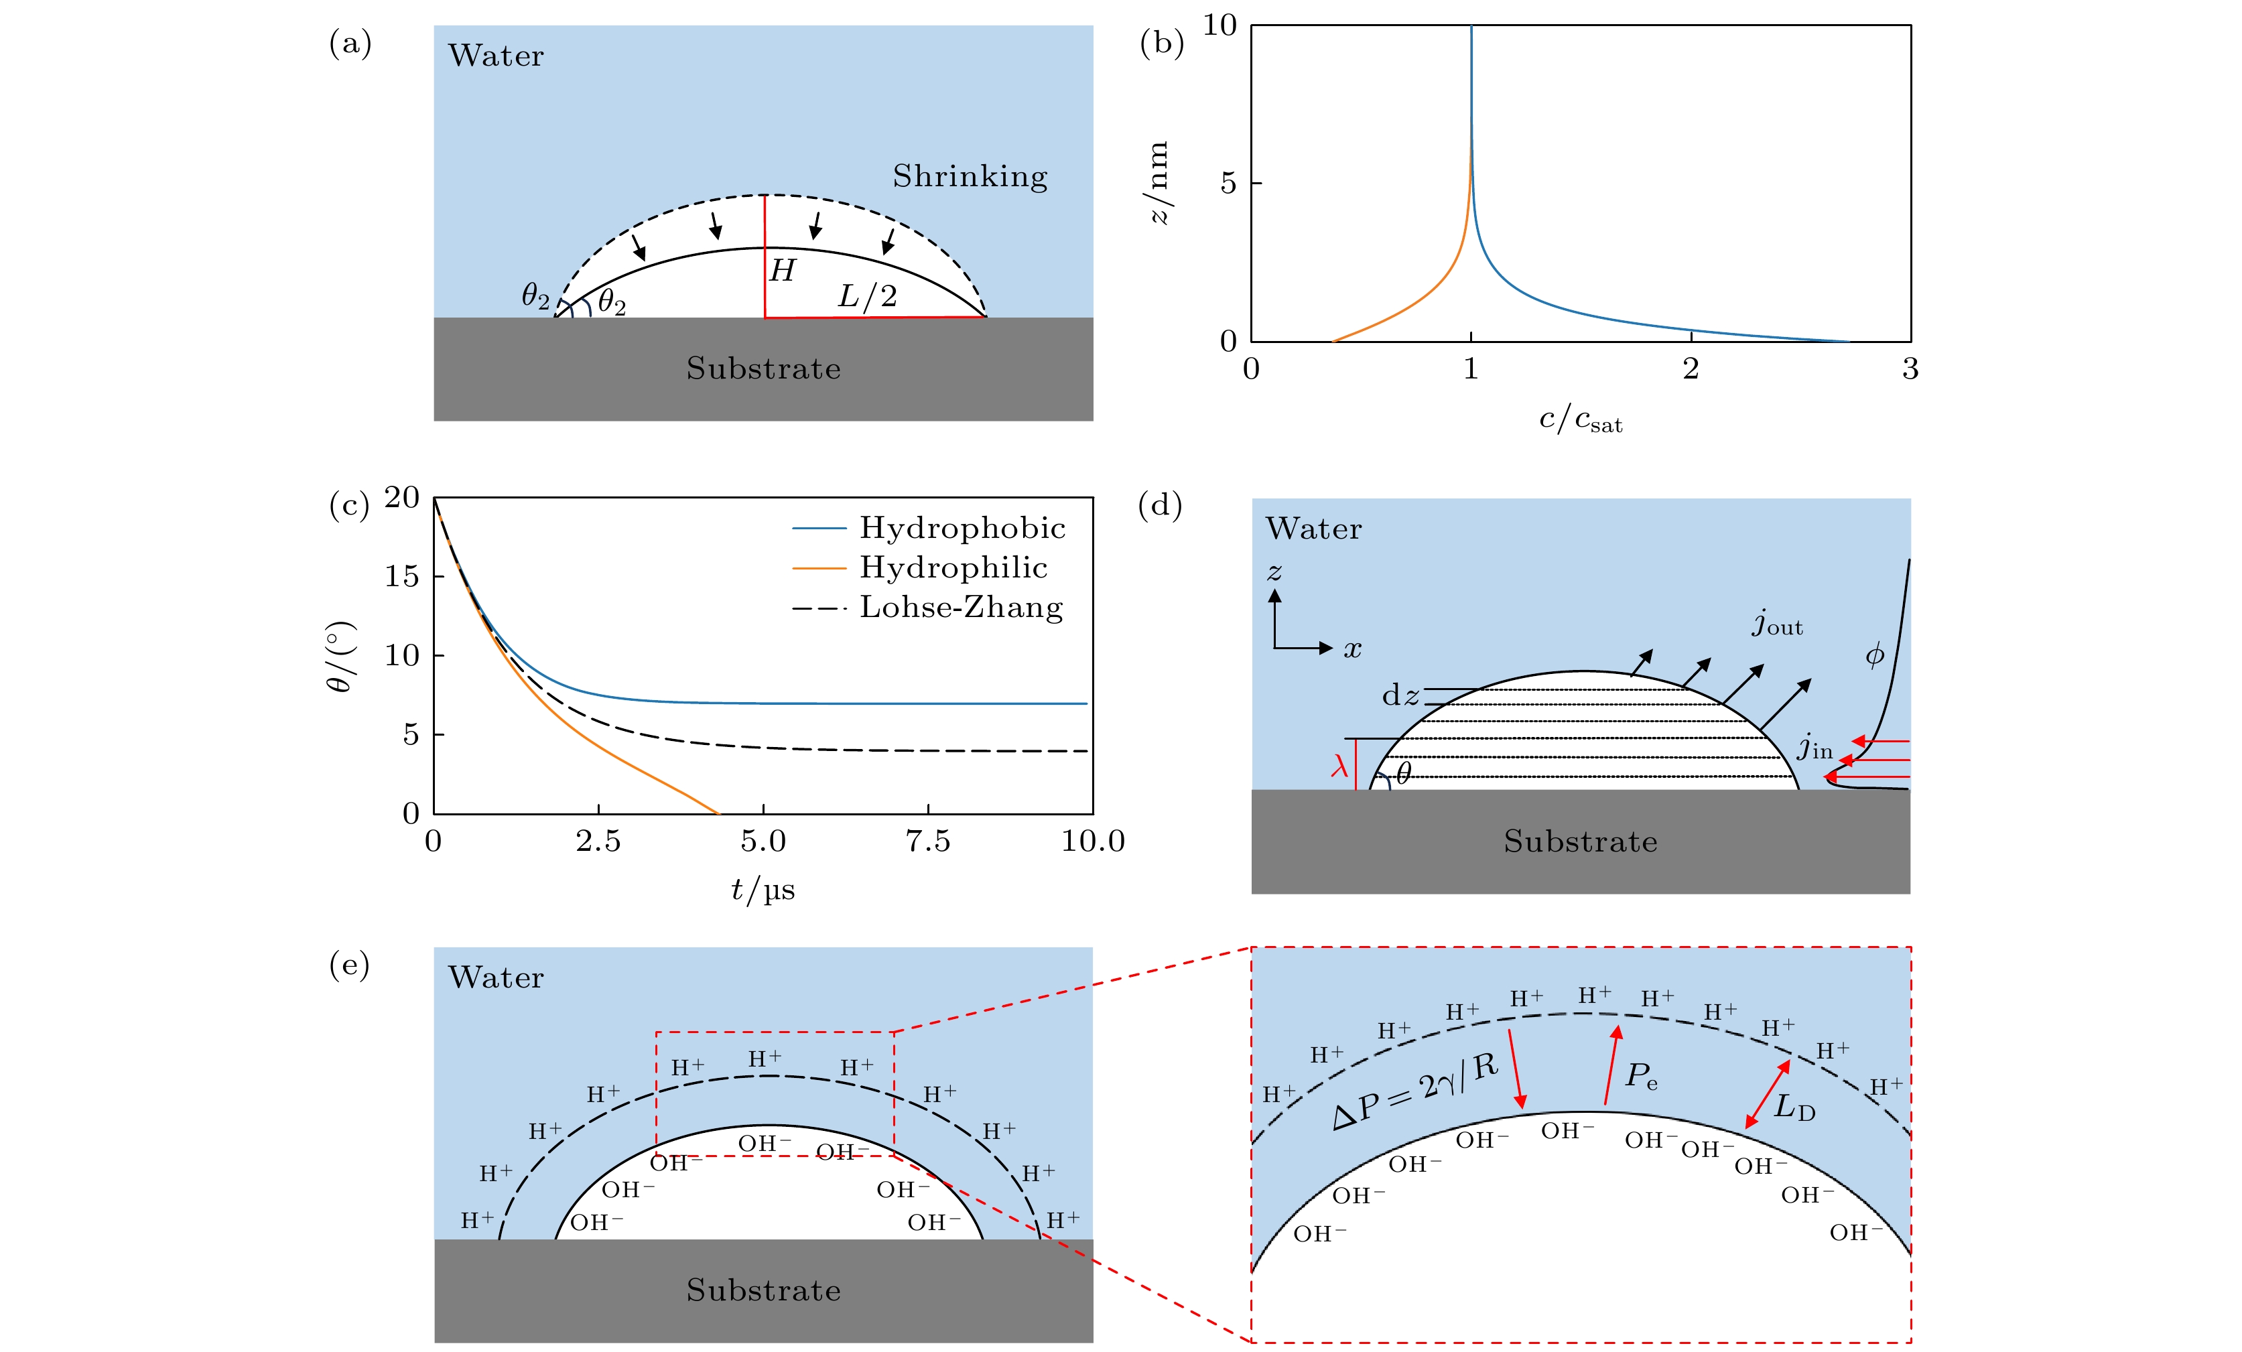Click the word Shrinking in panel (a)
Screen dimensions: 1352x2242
pyautogui.click(x=970, y=176)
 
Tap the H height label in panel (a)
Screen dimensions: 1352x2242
pyautogui.click(x=781, y=270)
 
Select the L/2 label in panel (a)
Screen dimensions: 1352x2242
pyautogui.click(x=867, y=295)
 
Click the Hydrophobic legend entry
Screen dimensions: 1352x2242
pyautogui.click(x=962, y=528)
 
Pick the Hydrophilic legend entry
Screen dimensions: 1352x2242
pyautogui.click(x=953, y=567)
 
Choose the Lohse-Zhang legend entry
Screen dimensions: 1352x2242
pyautogui.click(x=961, y=607)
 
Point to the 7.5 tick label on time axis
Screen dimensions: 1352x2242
pyautogui.click(x=927, y=841)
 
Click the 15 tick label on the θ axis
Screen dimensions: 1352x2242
pyautogui.click(x=401, y=576)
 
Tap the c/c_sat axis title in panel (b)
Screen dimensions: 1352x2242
pyautogui.click(x=1581, y=420)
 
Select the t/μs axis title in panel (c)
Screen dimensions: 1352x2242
pyautogui.click(x=763, y=889)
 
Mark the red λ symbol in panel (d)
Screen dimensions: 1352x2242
pyautogui.click(x=1339, y=766)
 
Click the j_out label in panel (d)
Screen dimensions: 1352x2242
pyautogui.click(x=1777, y=624)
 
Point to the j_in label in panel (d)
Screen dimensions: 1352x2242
pyautogui.click(x=1815, y=747)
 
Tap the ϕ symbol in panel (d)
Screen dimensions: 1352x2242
pyautogui.click(x=1874, y=655)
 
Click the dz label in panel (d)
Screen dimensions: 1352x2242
pyautogui.click(x=1400, y=695)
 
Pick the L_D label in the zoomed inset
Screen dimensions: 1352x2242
pyautogui.click(x=1794, y=1107)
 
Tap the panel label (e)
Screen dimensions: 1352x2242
pyautogui.click(x=349, y=964)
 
